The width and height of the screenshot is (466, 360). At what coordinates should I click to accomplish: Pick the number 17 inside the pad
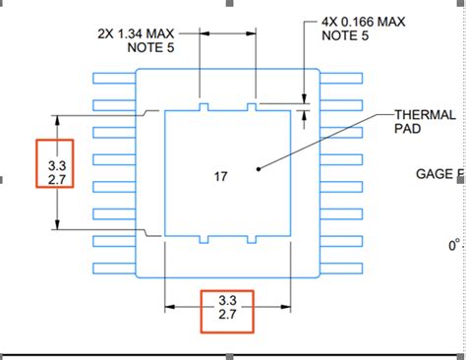[220, 177]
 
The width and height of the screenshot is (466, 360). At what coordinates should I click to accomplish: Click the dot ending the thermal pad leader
[258, 168]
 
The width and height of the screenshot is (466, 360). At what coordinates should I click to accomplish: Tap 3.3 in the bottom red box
[228, 300]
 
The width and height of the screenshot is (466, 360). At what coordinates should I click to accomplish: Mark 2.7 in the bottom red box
[228, 317]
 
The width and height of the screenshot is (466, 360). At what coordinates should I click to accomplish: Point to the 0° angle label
[454, 244]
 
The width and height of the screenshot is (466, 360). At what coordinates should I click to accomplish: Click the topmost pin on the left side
[113, 78]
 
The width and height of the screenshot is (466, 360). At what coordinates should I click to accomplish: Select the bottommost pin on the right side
[339, 268]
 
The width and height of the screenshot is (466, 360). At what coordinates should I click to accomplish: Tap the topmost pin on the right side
[339, 78]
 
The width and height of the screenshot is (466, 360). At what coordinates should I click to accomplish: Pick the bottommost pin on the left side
[113, 268]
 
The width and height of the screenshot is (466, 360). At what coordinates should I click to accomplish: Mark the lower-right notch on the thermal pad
[252, 240]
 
